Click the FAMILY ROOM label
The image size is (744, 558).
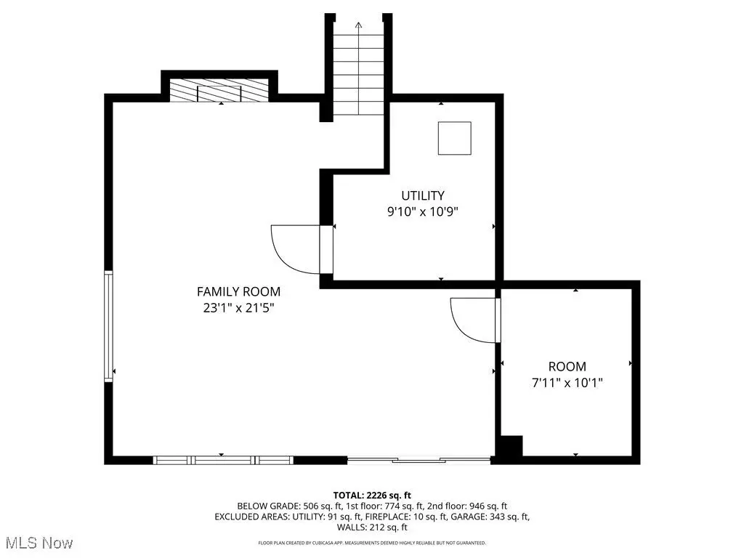(x=238, y=291)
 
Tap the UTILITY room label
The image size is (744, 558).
(x=423, y=195)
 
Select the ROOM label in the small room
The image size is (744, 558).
(x=567, y=366)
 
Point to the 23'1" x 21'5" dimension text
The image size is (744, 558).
(x=238, y=308)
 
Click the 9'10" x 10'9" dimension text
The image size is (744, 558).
(x=423, y=211)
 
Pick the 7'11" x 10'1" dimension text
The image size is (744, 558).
(x=567, y=382)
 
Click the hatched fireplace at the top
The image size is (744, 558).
(x=219, y=90)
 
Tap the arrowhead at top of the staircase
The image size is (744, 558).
(x=358, y=25)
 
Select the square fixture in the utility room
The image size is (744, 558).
(x=455, y=138)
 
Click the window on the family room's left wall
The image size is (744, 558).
(x=109, y=326)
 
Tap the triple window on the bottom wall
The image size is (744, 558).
(x=223, y=460)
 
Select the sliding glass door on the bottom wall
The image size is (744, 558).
(x=419, y=459)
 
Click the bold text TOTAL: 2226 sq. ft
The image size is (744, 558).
(x=372, y=496)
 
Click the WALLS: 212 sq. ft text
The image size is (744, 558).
(x=372, y=527)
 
